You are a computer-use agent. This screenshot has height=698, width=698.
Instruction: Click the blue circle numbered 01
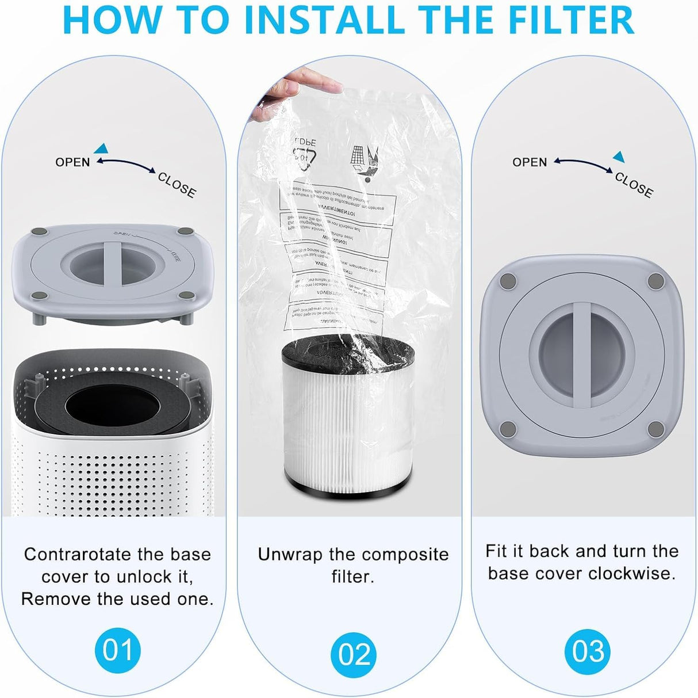click(117, 650)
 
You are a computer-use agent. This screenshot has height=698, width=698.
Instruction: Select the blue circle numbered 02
click(354, 654)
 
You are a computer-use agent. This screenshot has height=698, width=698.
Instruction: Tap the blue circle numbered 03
click(588, 651)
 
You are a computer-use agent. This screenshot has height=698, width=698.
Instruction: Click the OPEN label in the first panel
click(72, 162)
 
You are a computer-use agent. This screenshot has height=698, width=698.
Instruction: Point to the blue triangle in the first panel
click(101, 148)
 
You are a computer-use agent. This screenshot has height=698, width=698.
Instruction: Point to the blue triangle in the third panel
click(619, 157)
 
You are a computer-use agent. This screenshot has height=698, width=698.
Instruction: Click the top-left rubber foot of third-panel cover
click(508, 281)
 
